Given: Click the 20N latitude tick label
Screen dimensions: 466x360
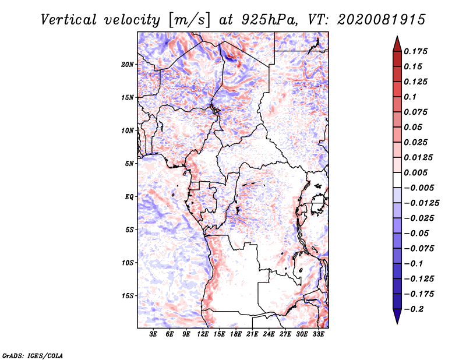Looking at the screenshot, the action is point(128,64).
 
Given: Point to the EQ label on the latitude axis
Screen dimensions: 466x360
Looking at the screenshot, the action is point(129,197).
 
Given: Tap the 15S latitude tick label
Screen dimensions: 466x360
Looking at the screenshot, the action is point(128,296).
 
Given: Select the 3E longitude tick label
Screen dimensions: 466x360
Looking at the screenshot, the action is point(153,334).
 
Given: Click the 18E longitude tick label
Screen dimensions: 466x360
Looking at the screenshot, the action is point(236,334).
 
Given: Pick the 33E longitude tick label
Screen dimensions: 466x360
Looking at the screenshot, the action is point(318,334).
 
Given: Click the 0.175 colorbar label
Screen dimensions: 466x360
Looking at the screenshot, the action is point(416,51).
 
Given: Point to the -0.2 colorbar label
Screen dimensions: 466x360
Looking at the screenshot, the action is point(414,309).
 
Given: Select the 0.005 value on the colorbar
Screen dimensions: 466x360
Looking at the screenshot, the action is point(416,172).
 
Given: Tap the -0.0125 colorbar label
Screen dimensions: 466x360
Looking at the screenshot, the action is point(421,203).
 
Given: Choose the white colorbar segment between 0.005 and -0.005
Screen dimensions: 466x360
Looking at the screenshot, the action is point(397,180).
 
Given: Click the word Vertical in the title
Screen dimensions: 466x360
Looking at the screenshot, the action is point(69,20).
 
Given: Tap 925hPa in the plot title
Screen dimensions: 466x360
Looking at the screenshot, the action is point(269,20).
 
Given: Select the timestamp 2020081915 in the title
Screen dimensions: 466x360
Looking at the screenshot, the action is point(382,20).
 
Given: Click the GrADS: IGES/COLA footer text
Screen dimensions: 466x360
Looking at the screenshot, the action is point(33,355).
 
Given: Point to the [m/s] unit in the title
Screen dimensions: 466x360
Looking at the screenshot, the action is point(189,20).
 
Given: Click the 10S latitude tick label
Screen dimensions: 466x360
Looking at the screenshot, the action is point(128,263).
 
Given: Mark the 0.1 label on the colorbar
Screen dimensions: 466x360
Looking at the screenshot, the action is point(410,97).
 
